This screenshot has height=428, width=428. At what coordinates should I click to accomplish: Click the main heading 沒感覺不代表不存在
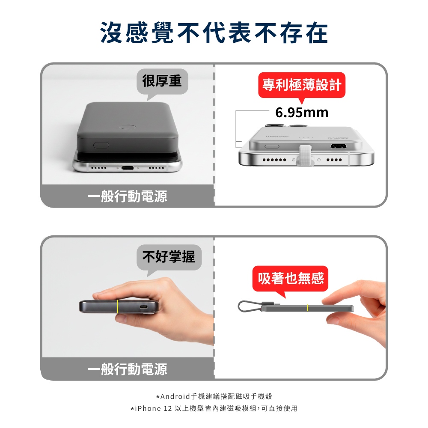(x=214, y=33)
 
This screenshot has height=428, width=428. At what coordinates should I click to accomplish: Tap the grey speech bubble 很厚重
(x=162, y=82)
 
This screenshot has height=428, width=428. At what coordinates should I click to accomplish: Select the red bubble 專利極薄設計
(x=302, y=85)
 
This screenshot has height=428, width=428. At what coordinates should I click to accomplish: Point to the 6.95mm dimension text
(x=302, y=113)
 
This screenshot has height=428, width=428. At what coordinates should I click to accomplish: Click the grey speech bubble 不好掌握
(x=169, y=257)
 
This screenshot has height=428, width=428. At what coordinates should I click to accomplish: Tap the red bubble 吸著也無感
(x=291, y=279)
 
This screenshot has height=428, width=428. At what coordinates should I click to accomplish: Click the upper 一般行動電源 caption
(x=127, y=196)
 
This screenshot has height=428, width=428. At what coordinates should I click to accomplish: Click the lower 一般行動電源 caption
(x=127, y=369)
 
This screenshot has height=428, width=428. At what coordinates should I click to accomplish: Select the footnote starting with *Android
(x=214, y=396)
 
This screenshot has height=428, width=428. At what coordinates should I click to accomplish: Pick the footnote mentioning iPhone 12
(x=214, y=408)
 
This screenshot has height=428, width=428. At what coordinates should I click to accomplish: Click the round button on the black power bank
(x=128, y=127)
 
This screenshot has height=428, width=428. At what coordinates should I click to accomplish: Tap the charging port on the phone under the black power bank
(x=128, y=168)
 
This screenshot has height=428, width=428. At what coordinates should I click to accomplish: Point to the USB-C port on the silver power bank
(x=339, y=146)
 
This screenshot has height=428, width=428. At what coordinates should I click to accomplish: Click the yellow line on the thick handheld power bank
(x=117, y=306)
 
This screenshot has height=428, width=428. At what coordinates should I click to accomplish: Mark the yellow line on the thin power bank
(x=308, y=307)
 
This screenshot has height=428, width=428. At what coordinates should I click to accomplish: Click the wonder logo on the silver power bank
(x=277, y=136)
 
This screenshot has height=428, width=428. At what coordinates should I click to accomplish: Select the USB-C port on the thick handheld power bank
(x=143, y=306)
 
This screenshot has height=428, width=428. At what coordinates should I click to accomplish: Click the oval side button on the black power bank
(x=101, y=145)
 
